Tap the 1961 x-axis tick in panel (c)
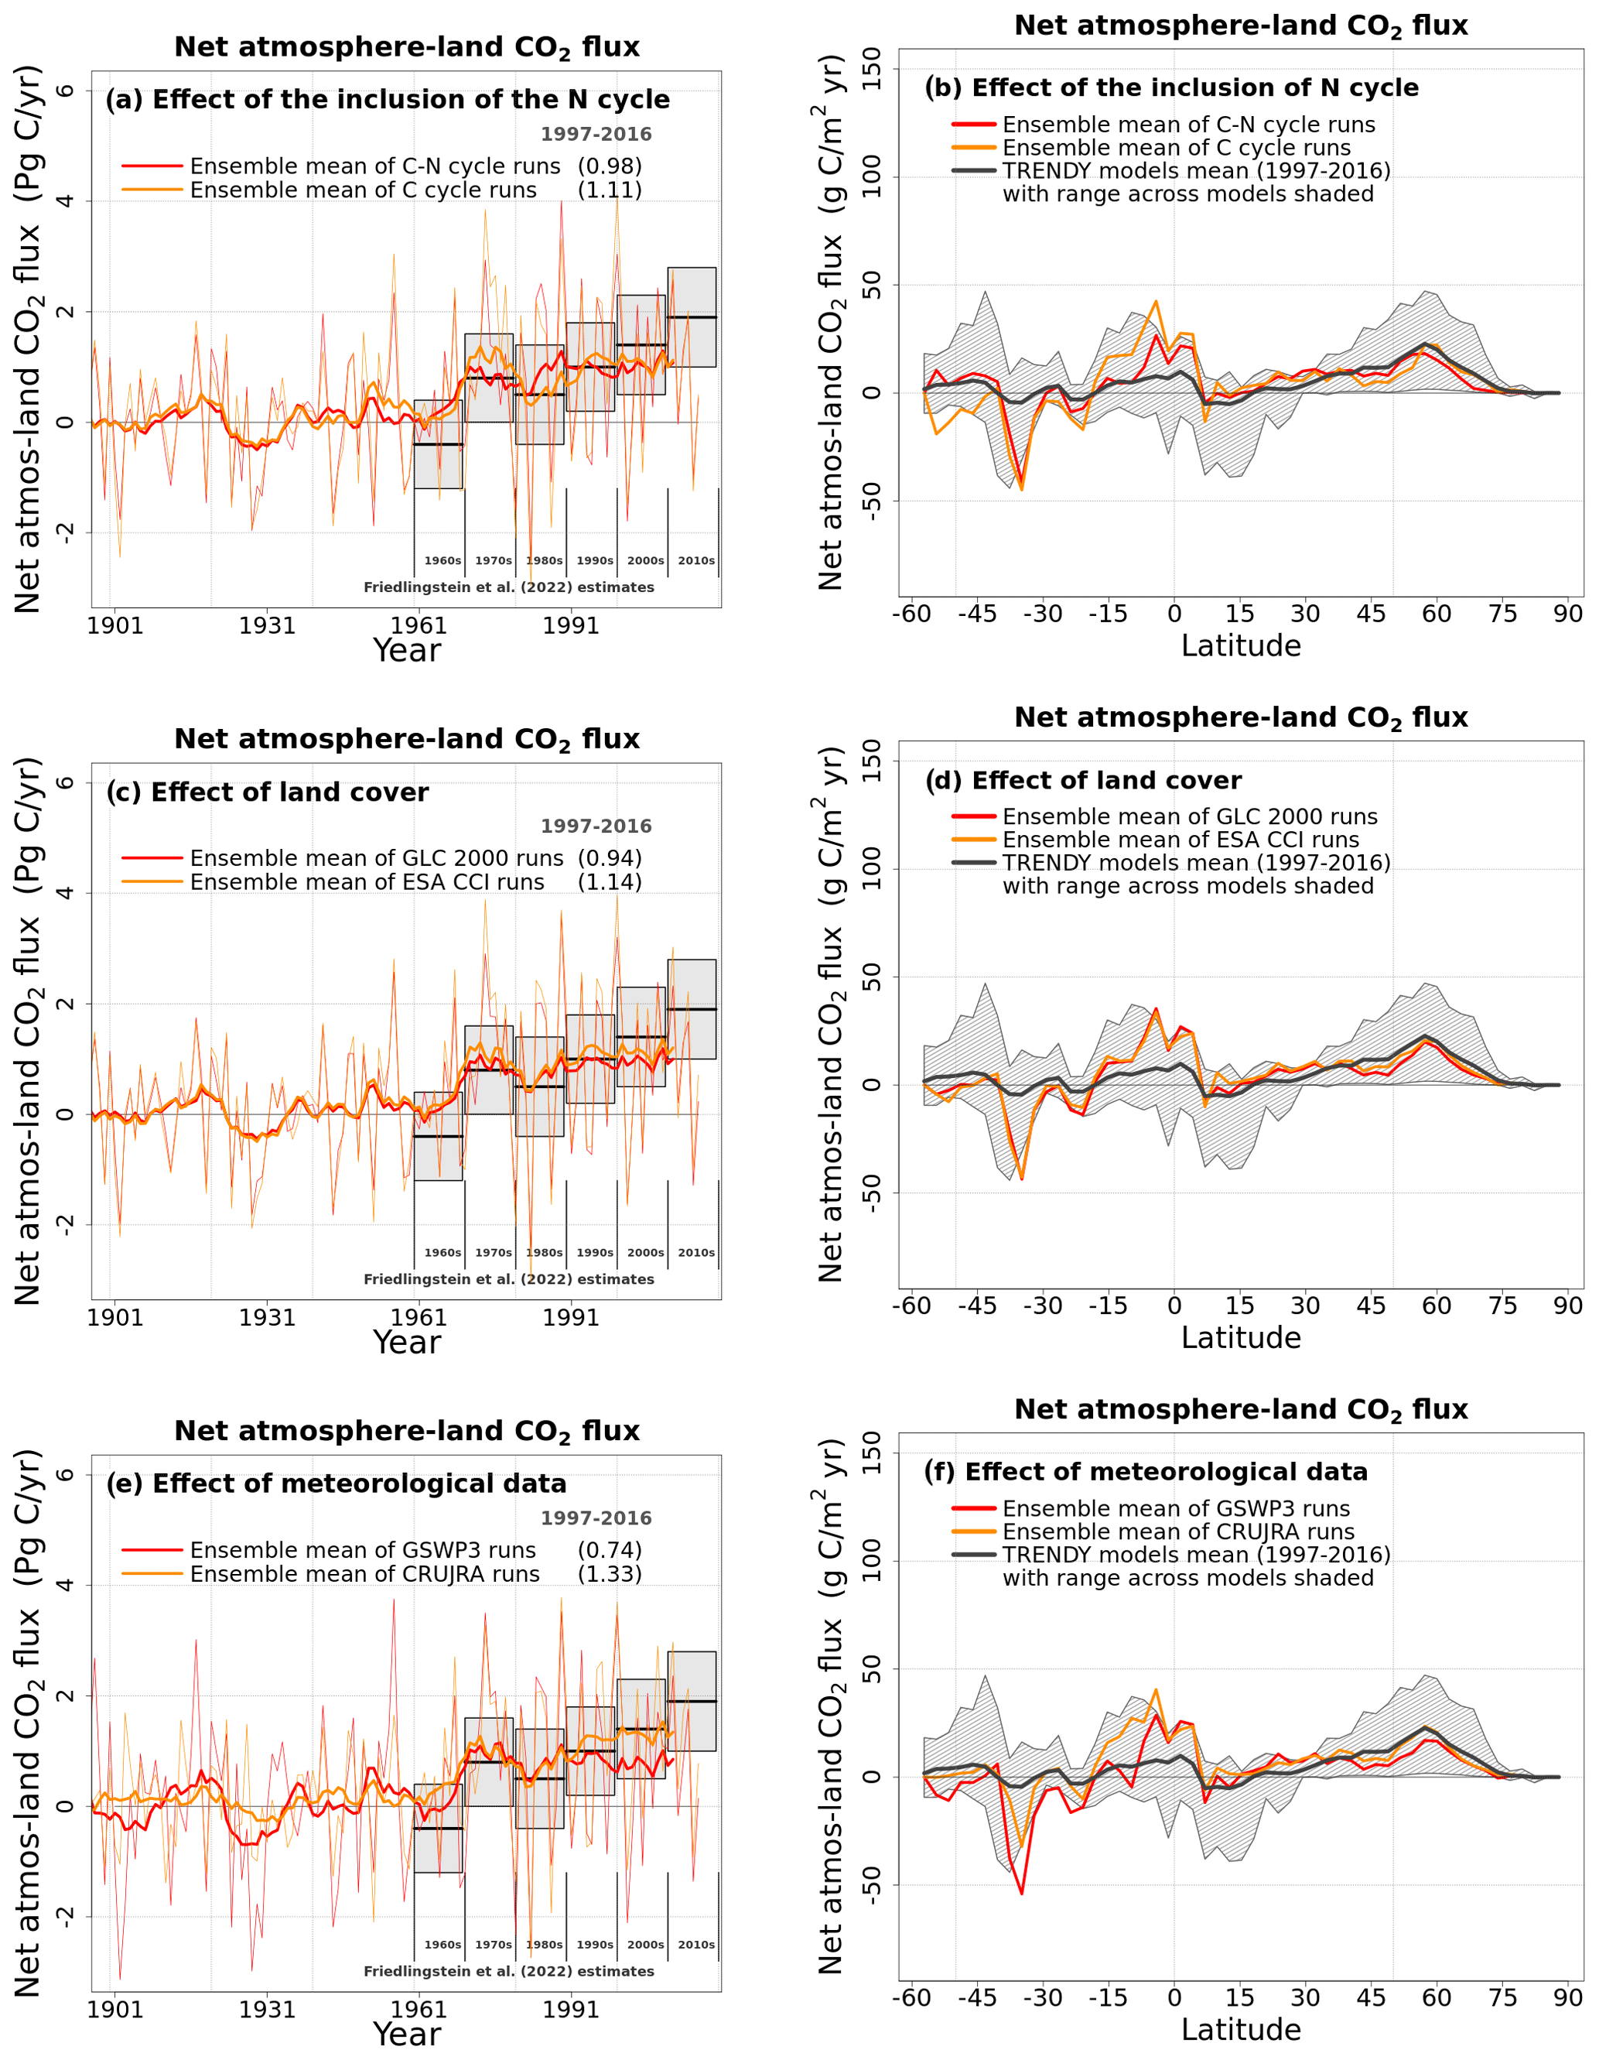[x=419, y=1318]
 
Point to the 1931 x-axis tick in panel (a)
[x=267, y=625]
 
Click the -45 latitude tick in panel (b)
[x=977, y=614]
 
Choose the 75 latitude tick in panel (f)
[x=1502, y=1998]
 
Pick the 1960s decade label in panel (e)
[x=442, y=1945]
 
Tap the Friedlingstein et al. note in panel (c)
[x=508, y=1280]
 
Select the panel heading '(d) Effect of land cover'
[x=1082, y=780]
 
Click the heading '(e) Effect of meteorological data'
[x=336, y=1483]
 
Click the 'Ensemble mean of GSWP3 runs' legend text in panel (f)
[x=1176, y=1509]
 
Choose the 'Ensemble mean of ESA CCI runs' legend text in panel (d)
[x=1180, y=840]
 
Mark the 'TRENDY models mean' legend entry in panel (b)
[x=1195, y=171]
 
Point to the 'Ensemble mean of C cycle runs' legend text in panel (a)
[x=363, y=190]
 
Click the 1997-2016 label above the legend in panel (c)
[x=596, y=826]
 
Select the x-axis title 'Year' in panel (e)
[x=406, y=2034]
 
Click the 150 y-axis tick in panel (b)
[x=871, y=69]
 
